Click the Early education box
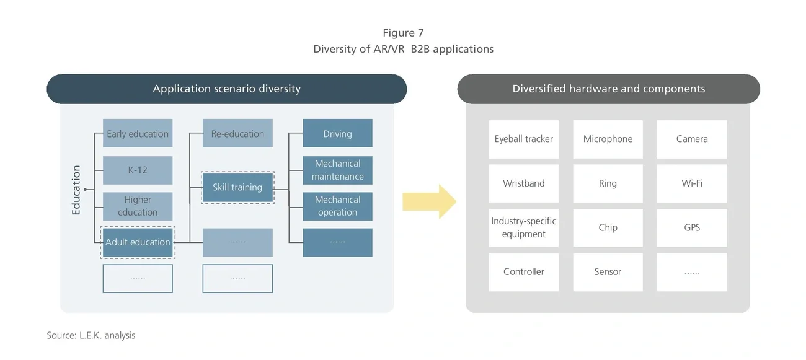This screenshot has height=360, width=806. pos(138,134)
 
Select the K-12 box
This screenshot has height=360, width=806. pos(138,170)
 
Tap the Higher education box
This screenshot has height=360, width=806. pos(138,206)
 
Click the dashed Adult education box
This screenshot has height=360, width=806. pos(138,242)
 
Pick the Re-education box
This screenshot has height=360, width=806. pos(237,134)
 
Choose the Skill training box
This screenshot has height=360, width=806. pos(237,188)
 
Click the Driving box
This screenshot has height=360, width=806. pos(337,134)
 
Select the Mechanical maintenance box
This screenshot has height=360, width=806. pos(337,170)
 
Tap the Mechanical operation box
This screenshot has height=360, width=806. pos(337,206)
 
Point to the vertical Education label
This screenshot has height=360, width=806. pos(76,190)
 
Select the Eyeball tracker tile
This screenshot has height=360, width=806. pos(524,139)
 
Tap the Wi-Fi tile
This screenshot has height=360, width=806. pos(692,183)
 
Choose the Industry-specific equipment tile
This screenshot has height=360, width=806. pos(524,227)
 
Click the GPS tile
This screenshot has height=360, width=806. pos(692,227)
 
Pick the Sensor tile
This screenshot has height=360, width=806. pos(608,272)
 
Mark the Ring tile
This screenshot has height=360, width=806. pos(608,183)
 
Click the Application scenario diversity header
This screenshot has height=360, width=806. pos(227,89)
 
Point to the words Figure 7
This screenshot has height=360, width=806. pos(403,33)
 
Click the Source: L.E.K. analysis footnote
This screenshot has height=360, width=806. pos(91,335)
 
